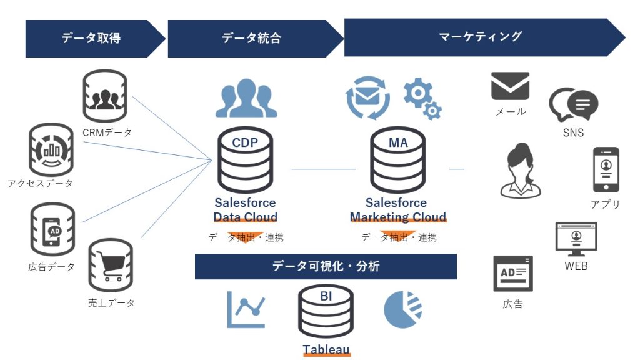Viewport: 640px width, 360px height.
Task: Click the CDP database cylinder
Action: coord(245,159)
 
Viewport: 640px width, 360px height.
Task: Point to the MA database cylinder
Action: coord(398,159)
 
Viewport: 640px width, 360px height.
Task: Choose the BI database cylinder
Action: coord(326,311)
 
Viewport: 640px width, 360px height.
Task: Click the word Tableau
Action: coord(326,349)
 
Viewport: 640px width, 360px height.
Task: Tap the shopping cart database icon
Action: coord(111,265)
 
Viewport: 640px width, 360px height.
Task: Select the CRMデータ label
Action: coord(107,132)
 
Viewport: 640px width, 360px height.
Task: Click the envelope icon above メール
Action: coord(510,86)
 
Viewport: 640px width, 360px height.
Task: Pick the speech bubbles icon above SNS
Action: coord(574,104)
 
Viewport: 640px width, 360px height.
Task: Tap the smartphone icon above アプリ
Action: coord(606,170)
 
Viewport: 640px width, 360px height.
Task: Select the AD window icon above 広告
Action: coord(513,274)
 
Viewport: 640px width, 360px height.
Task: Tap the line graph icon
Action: coord(246,309)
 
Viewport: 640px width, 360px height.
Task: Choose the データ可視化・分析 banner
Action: coord(326,266)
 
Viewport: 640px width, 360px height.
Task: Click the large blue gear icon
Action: coord(417,92)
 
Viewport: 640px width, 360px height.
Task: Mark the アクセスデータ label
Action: coord(40,183)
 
